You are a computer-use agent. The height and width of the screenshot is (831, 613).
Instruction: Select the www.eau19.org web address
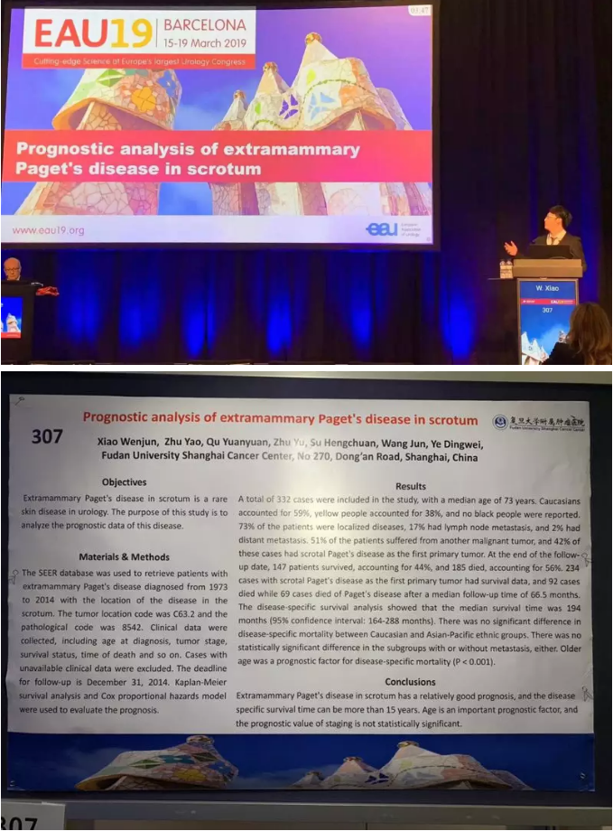click(49, 230)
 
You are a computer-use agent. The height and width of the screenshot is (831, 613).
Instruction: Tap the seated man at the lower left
click(13, 271)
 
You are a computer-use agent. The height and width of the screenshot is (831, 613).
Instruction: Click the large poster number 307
click(47, 437)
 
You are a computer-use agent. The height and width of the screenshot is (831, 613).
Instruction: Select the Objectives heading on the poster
click(124, 482)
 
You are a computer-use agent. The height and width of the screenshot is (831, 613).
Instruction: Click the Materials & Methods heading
click(124, 556)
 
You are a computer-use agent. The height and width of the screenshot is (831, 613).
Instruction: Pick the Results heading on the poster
click(411, 486)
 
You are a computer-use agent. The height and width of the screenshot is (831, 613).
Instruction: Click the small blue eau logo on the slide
click(382, 229)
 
